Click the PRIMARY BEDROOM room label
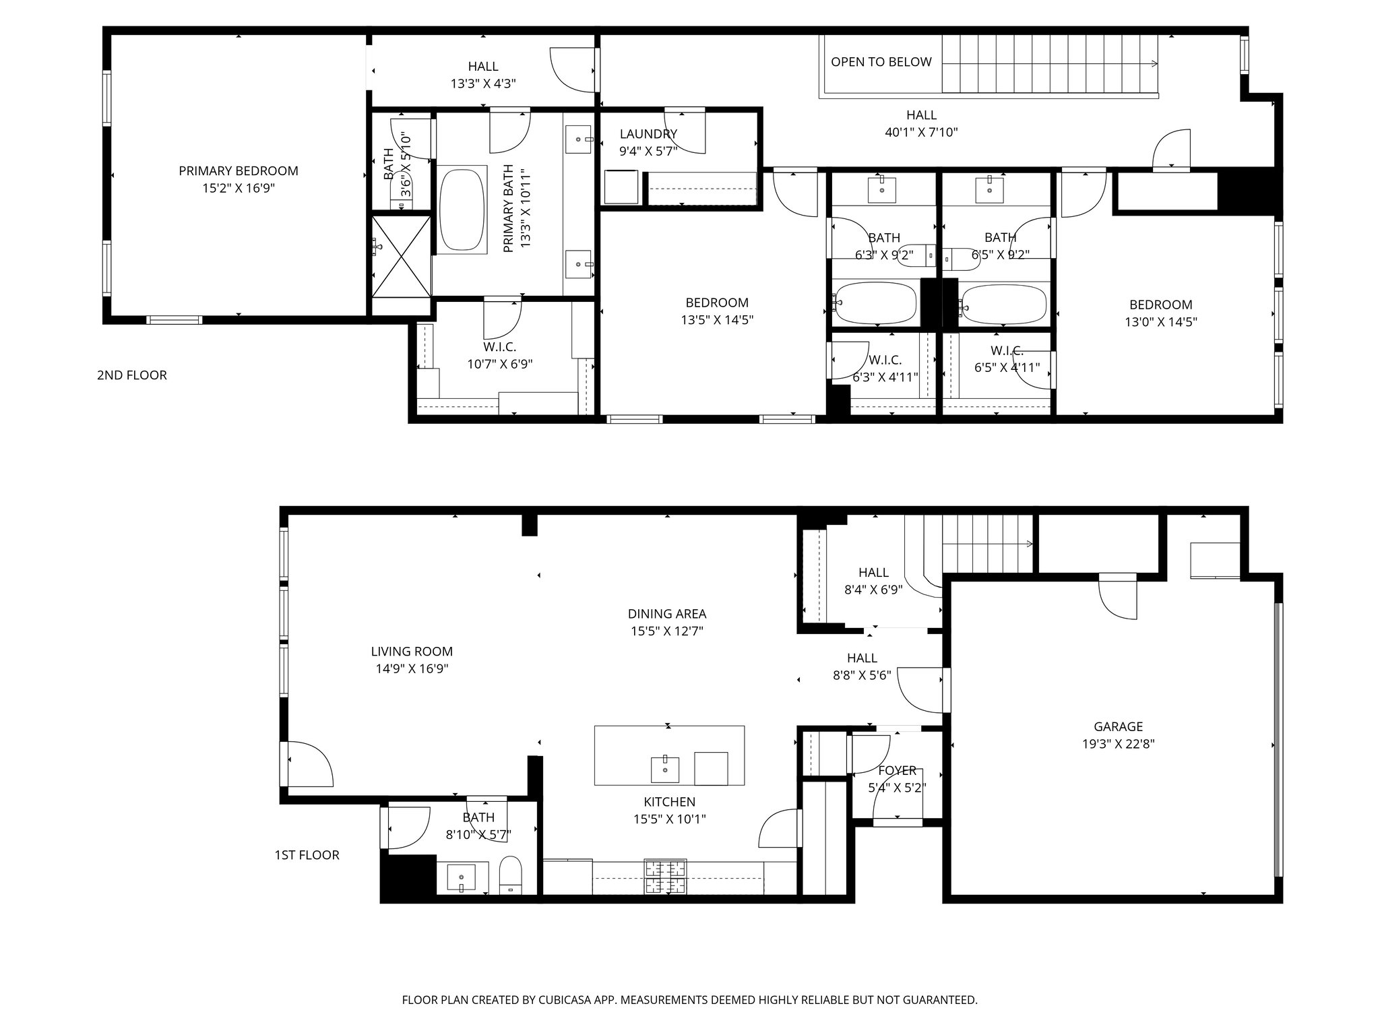(238, 171)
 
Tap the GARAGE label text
(1118, 726)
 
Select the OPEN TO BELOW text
(881, 62)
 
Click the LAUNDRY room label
(648, 134)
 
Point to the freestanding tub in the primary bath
(462, 210)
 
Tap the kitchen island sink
(665, 769)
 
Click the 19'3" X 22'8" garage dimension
(1118, 744)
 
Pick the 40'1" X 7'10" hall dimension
(920, 133)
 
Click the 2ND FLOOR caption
(131, 375)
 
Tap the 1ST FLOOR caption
(307, 855)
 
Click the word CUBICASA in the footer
(577, 1000)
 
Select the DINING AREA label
(666, 614)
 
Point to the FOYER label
(897, 770)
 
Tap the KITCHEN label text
(669, 802)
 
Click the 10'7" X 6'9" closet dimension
(499, 365)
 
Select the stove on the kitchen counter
(665, 877)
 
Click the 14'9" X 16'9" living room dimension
(412, 669)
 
